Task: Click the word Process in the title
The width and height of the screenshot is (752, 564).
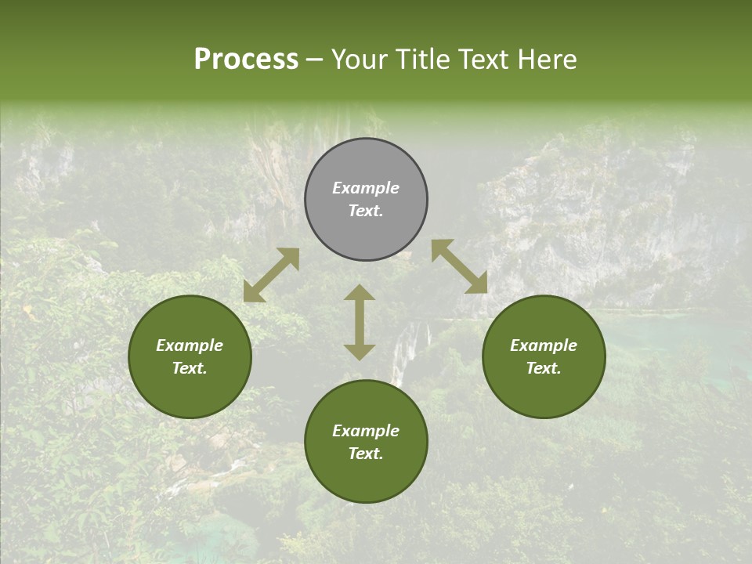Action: [246, 60]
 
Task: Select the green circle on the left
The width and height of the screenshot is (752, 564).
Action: [190, 392]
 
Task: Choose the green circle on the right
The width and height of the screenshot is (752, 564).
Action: [544, 392]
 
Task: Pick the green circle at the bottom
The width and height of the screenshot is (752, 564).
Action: [366, 478]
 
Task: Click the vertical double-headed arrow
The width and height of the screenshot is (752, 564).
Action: [360, 322]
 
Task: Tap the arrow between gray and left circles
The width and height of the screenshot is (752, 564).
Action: [271, 275]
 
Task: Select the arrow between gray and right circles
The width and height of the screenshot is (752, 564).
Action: [459, 266]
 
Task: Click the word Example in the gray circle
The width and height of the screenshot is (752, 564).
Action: [366, 188]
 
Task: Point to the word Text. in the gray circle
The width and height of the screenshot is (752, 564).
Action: [366, 211]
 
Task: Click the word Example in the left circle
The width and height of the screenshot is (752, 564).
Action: [190, 345]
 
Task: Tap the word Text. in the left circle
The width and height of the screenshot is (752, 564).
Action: [190, 368]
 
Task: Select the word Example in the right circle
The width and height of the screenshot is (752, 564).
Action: [544, 345]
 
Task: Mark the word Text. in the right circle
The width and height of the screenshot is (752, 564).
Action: [544, 368]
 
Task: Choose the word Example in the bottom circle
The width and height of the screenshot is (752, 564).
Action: [366, 431]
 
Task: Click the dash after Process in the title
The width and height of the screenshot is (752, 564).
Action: [315, 60]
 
